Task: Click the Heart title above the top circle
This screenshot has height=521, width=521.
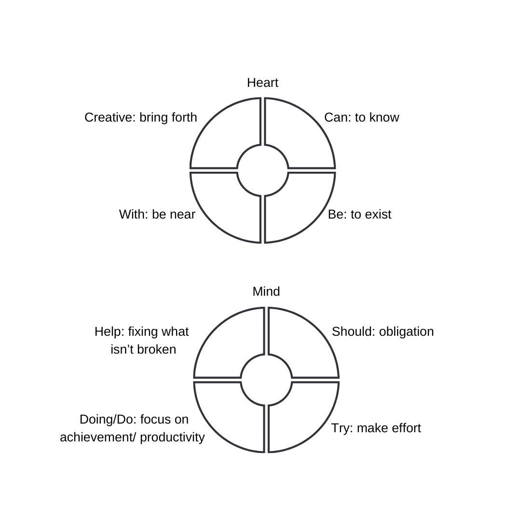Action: point(262,82)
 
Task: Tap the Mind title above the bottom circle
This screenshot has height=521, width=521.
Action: point(266,291)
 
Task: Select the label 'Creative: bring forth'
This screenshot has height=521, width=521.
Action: point(140,117)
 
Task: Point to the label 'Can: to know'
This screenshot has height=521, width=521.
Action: point(361,117)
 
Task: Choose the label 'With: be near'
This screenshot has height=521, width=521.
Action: point(157,214)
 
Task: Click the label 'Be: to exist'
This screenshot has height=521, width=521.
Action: point(359,214)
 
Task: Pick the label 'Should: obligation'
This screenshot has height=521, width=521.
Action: point(383,331)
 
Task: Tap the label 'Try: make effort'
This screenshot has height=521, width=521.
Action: point(376,428)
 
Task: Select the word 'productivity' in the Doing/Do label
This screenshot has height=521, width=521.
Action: point(173,437)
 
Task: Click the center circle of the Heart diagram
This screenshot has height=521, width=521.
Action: point(262,170)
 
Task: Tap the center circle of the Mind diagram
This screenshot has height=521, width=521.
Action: point(266,379)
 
